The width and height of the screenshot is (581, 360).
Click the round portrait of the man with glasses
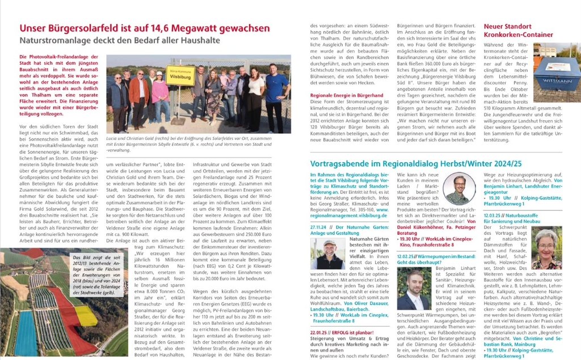[459, 189]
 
